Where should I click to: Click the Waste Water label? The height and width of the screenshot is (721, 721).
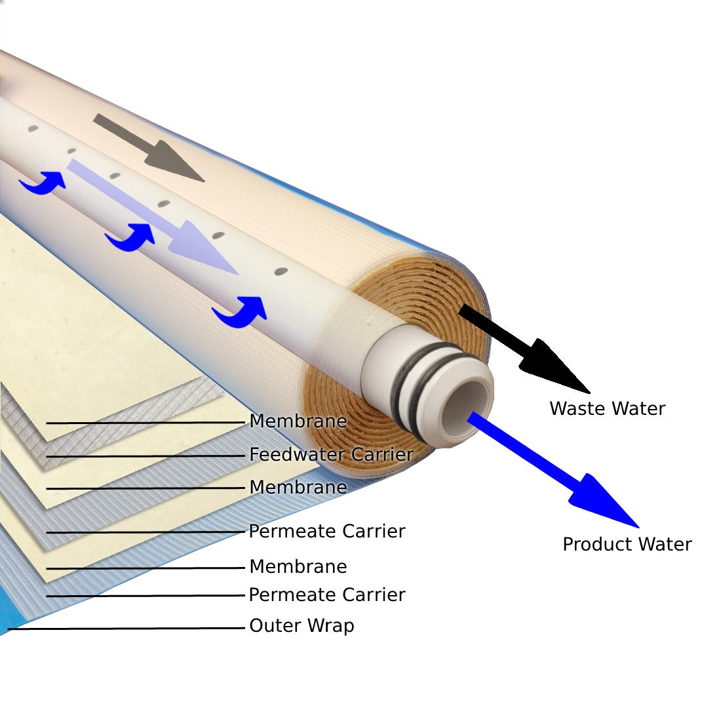coord(607,409)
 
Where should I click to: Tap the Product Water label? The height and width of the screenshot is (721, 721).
coord(627,545)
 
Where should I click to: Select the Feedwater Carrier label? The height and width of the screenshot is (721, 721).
coord(331,454)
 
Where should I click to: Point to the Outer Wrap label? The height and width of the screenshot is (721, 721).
coord(302,626)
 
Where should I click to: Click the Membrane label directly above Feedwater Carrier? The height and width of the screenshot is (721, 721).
coord(298,421)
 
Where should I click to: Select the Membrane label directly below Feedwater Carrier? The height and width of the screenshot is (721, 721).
coord(298,488)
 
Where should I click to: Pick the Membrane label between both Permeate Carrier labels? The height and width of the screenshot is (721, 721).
coord(298,567)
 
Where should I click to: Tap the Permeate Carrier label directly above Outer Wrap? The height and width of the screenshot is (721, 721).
coord(326,595)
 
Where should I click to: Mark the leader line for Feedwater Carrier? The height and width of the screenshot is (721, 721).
coord(144,456)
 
